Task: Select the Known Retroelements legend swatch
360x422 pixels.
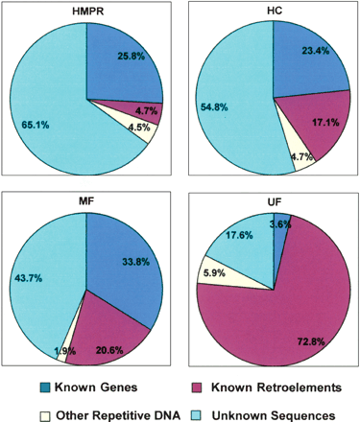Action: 196,387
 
